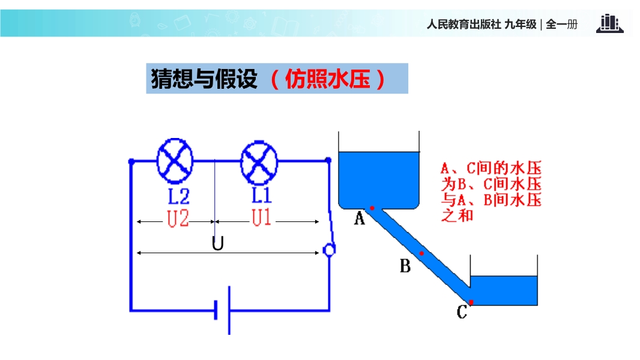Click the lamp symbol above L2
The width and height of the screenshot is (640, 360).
tap(175, 161)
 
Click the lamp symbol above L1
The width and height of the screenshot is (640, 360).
tap(259, 161)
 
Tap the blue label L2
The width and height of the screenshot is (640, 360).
tap(178, 196)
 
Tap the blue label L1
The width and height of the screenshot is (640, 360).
tap(261, 195)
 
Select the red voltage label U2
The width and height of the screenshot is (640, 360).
tap(178, 219)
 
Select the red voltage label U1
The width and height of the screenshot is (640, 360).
tap(261, 218)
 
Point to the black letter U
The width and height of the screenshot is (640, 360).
tap(218, 244)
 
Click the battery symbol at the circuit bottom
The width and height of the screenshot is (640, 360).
tap(223, 311)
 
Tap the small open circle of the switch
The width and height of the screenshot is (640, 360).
tap(328, 250)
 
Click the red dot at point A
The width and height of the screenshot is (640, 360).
tap(372, 208)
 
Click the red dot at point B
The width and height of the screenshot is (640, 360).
tap(421, 253)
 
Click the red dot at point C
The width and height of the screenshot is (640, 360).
tap(471, 301)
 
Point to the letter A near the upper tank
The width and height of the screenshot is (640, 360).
tap(360, 218)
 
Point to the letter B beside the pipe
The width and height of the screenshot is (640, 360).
tap(405, 266)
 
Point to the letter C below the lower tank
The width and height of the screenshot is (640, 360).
tap(462, 313)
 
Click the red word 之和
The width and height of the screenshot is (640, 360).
tap(457, 215)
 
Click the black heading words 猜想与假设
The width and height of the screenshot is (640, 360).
tap(204, 79)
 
